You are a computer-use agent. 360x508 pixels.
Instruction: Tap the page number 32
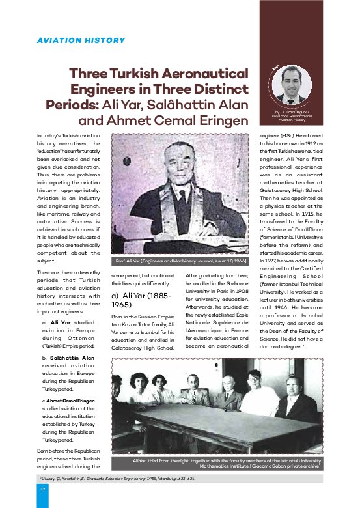tap(42, 488)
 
